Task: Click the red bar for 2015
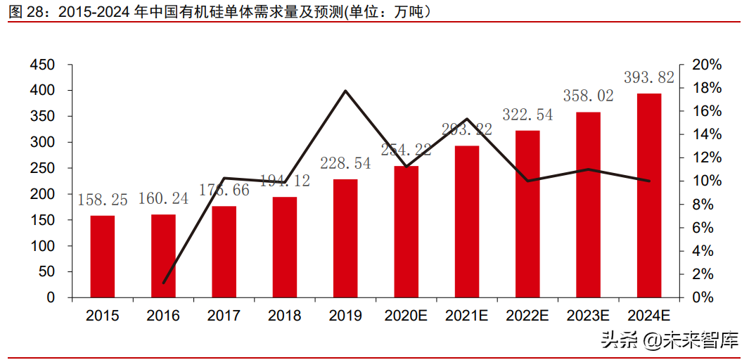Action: pos(103,257)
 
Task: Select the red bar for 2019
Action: pos(345,238)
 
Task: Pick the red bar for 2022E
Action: pos(527,214)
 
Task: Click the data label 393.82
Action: pos(649,77)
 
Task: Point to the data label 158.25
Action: pos(103,200)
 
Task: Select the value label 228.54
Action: pos(345,164)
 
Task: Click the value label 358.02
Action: pos(589,96)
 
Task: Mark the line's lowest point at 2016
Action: pos(164,283)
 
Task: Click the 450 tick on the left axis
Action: pos(41,65)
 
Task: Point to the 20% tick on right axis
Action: pos(707,65)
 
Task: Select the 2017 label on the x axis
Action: pos(224,316)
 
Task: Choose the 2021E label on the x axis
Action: pos(466,316)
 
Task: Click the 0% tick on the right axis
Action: pos(703,297)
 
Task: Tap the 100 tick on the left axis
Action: pos(41,246)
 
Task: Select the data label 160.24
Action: pos(164,199)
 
